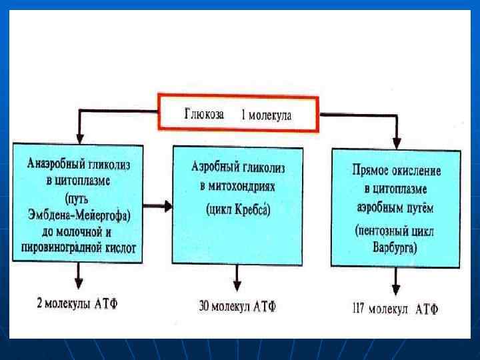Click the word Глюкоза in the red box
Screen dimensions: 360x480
[204, 114]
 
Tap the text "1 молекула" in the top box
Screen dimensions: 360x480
[266, 115]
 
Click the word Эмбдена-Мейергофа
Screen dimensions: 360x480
[79, 214]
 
